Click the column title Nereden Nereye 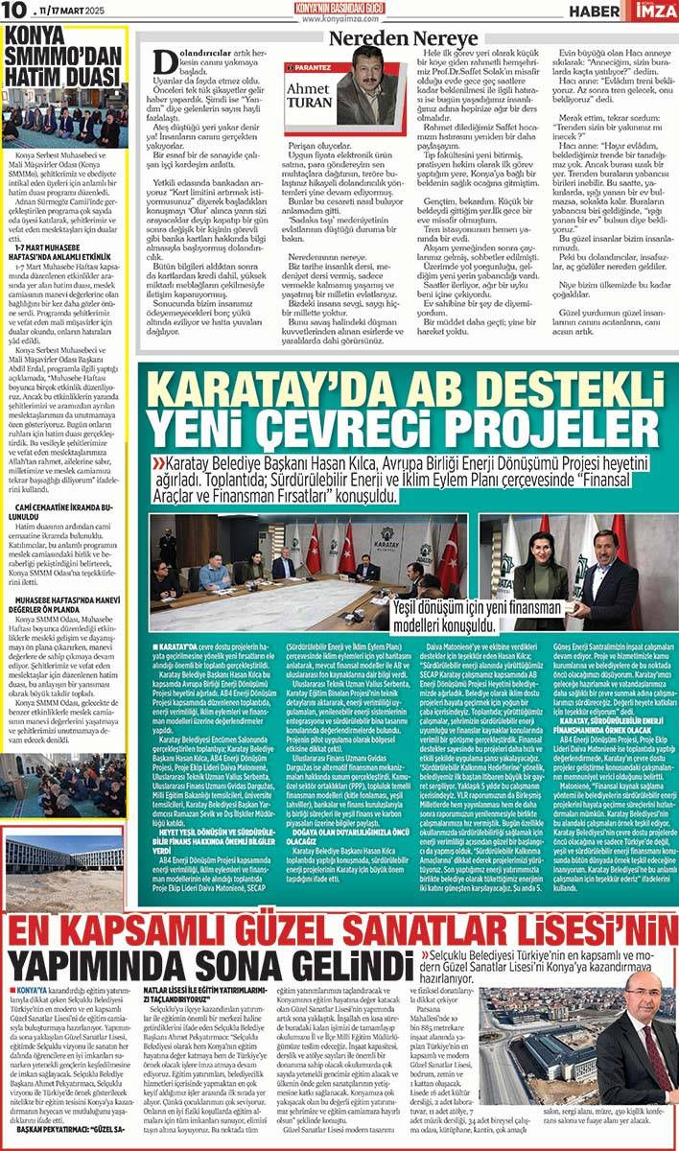coord(386,38)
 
